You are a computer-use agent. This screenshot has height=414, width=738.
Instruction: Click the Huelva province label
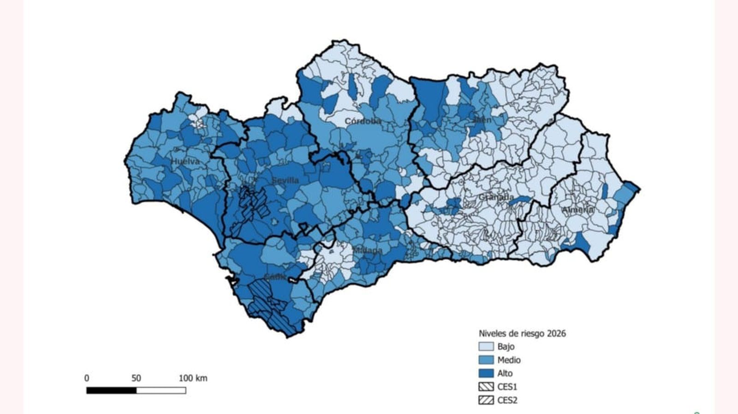coord(185,162)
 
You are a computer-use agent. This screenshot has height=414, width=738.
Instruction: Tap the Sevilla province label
coord(285,180)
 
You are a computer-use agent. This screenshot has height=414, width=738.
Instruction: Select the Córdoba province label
coord(363,121)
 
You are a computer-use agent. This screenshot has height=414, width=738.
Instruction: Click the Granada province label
coord(496,197)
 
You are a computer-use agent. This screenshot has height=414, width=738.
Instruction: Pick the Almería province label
coord(577,210)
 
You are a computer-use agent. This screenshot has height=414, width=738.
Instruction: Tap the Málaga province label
coord(367,251)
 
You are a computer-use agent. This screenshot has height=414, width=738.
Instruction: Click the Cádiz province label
coord(275,277)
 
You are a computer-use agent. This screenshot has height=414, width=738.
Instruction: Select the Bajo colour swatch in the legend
coord(486,346)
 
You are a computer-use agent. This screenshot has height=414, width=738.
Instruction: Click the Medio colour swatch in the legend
coord(486,360)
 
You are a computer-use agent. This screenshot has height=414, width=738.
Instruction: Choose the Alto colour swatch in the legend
coord(486,373)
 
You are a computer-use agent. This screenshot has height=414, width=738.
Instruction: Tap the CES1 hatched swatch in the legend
coord(486,386)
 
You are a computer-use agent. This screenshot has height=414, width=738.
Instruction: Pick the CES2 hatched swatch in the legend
coord(486,400)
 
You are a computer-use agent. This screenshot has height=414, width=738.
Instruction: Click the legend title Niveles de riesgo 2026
coord(522,333)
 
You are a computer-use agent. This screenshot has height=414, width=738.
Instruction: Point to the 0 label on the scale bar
coord(87,379)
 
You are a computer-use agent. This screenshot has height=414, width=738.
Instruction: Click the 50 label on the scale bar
coord(136,379)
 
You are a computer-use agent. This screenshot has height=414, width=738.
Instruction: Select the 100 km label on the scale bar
coord(193,379)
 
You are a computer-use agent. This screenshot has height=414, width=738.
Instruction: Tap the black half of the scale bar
coord(112,391)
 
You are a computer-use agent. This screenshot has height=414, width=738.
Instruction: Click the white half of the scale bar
coord(161,391)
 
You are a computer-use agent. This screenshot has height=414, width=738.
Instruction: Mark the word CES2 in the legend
coord(507,400)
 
